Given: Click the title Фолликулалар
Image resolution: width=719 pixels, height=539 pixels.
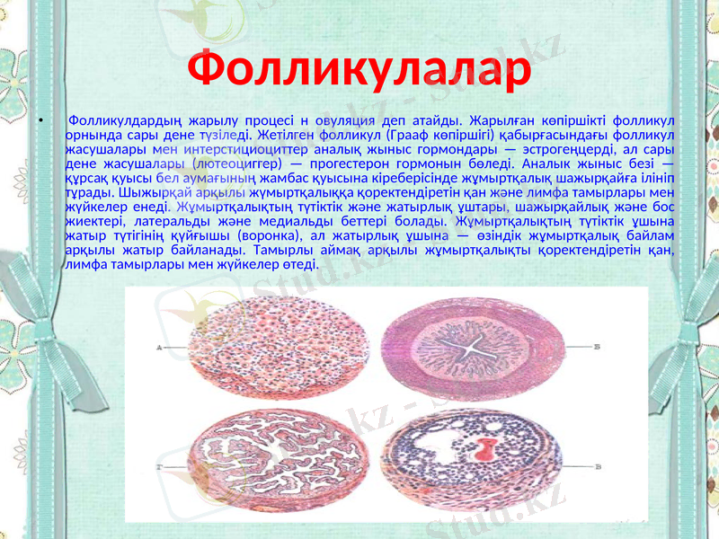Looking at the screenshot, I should point(359,72).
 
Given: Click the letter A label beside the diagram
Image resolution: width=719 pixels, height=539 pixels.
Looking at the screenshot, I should point(158,346).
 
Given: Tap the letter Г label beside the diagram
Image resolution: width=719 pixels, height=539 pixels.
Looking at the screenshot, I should point(158,467).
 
